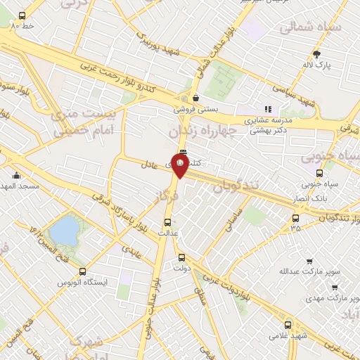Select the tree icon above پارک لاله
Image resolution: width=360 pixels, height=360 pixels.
(317, 53)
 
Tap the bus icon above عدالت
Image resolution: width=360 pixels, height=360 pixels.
(167, 221)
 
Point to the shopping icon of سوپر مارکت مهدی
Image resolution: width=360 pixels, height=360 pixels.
(333, 287)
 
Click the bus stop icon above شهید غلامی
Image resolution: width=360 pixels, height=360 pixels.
(288, 325)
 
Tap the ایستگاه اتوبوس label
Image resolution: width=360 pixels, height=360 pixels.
(83, 281)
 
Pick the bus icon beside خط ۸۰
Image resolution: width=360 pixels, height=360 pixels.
(22, 15)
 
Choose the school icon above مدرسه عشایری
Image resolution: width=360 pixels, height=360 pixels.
(267, 109)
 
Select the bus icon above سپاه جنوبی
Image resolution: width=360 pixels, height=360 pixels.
(320, 173)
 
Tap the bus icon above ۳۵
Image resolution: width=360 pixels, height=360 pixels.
(295, 218)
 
